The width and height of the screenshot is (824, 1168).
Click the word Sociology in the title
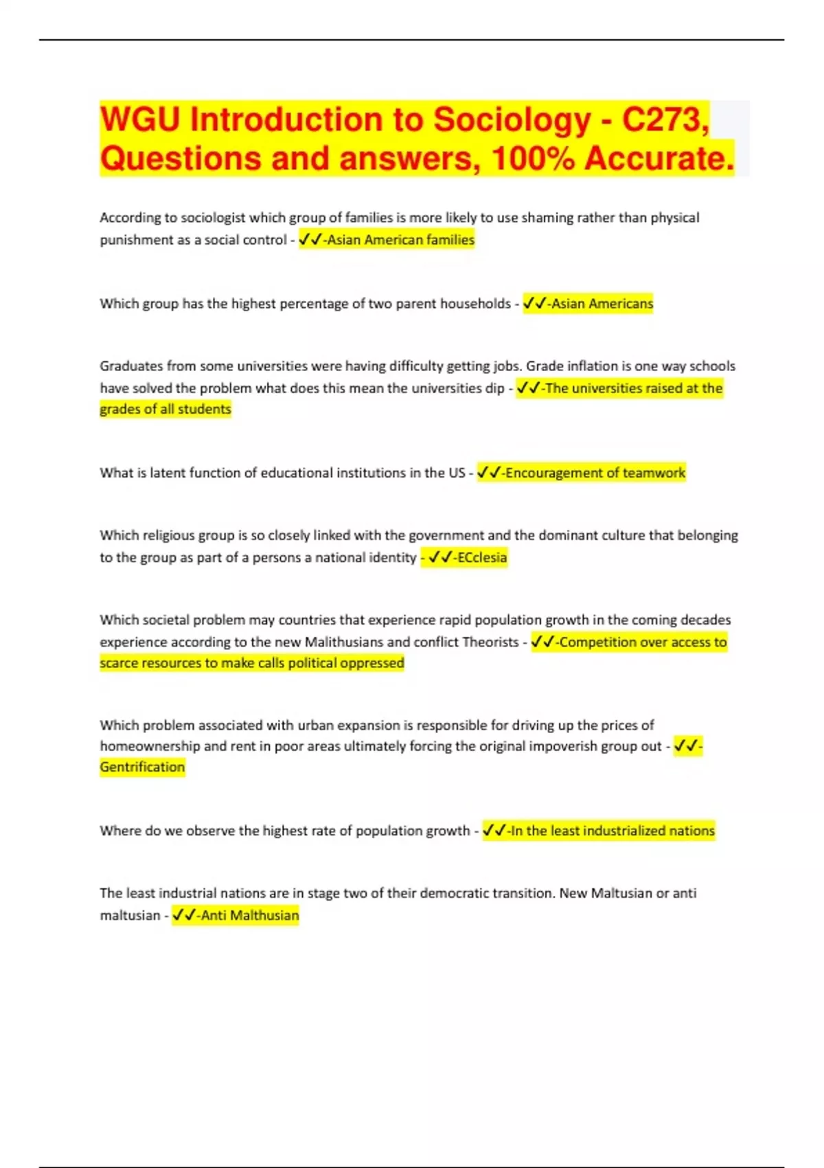click(512, 120)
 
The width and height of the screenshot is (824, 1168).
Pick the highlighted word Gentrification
click(142, 767)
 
